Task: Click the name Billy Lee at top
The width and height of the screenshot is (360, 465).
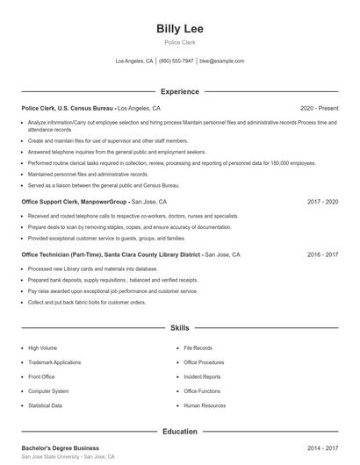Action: pyautogui.click(x=180, y=28)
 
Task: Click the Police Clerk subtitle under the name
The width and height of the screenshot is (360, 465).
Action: pyautogui.click(x=180, y=42)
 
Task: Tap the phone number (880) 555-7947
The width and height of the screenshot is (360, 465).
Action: pyautogui.click(x=176, y=61)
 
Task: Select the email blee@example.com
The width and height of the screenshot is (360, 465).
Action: pyautogui.click(x=221, y=61)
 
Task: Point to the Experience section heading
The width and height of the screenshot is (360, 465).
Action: pyautogui.click(x=180, y=91)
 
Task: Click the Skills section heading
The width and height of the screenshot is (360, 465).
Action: pyautogui.click(x=180, y=327)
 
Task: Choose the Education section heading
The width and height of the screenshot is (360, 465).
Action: pyautogui.click(x=180, y=432)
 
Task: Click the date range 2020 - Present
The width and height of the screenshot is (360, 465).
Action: pyautogui.click(x=319, y=108)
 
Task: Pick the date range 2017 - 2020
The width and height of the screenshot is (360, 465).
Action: pyautogui.click(x=322, y=201)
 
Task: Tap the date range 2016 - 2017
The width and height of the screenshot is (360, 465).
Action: pyautogui.click(x=322, y=254)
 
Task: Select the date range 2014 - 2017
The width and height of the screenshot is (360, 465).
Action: pyautogui.click(x=322, y=447)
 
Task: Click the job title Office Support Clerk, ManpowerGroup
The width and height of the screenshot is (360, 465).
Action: pyautogui.click(x=75, y=201)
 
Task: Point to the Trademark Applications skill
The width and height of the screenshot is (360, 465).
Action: pyautogui.click(x=54, y=362)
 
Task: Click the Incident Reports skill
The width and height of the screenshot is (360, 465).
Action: pyautogui.click(x=202, y=376)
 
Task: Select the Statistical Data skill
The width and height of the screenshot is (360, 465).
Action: pyautogui.click(x=45, y=405)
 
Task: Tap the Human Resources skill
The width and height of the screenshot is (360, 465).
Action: pyautogui.click(x=205, y=405)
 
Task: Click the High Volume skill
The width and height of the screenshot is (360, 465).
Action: pyautogui.click(x=42, y=347)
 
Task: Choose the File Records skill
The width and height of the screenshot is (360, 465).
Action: pyautogui.click(x=198, y=347)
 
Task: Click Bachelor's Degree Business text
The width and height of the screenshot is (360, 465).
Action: pyautogui.click(x=63, y=447)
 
